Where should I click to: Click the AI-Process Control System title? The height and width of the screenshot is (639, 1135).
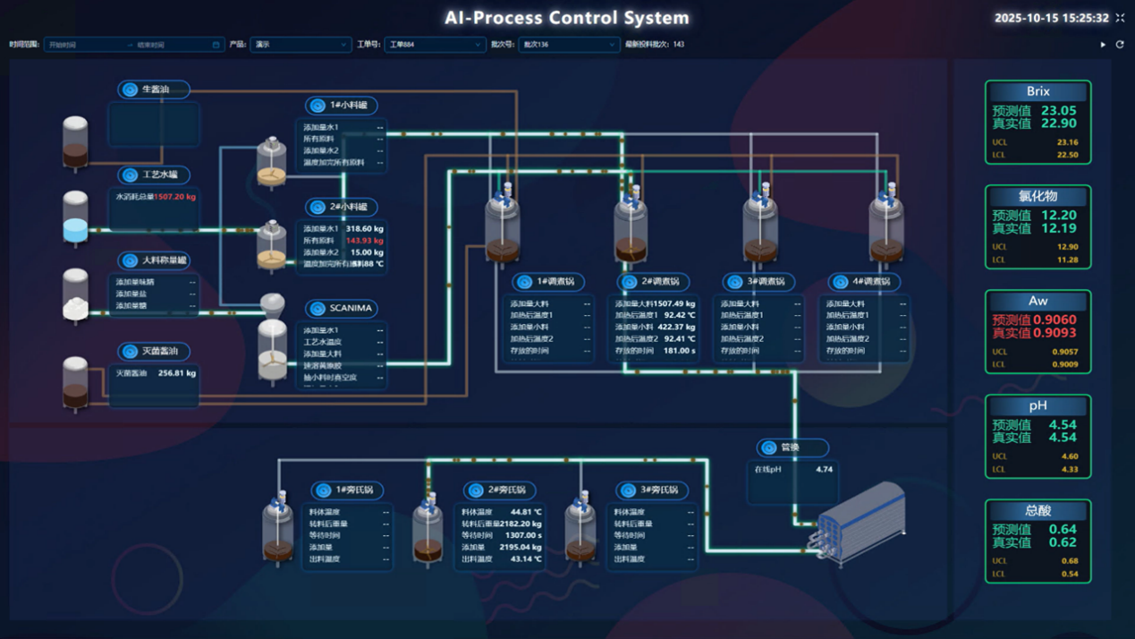(567, 18)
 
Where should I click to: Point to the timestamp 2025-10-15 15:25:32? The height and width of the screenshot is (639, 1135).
(1051, 18)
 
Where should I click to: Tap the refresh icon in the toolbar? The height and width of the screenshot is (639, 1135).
(1120, 44)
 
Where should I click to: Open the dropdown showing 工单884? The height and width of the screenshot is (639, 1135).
(435, 44)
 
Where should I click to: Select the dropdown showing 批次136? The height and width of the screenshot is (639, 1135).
(568, 44)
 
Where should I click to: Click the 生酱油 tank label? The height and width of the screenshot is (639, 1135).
(155, 89)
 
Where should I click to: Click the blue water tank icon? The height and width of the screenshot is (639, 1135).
(75, 219)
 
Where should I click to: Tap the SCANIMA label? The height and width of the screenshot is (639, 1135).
(350, 309)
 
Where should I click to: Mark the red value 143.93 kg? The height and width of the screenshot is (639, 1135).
(364, 241)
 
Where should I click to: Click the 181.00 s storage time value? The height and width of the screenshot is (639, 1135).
(679, 351)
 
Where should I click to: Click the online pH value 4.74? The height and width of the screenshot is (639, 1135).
(824, 469)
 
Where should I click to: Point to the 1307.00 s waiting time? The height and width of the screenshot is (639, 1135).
(522, 535)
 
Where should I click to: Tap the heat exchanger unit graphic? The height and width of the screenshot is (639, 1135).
(861, 524)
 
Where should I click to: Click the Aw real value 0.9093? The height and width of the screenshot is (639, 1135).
(1057, 333)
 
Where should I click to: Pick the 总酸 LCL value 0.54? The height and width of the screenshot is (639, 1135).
(1069, 574)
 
